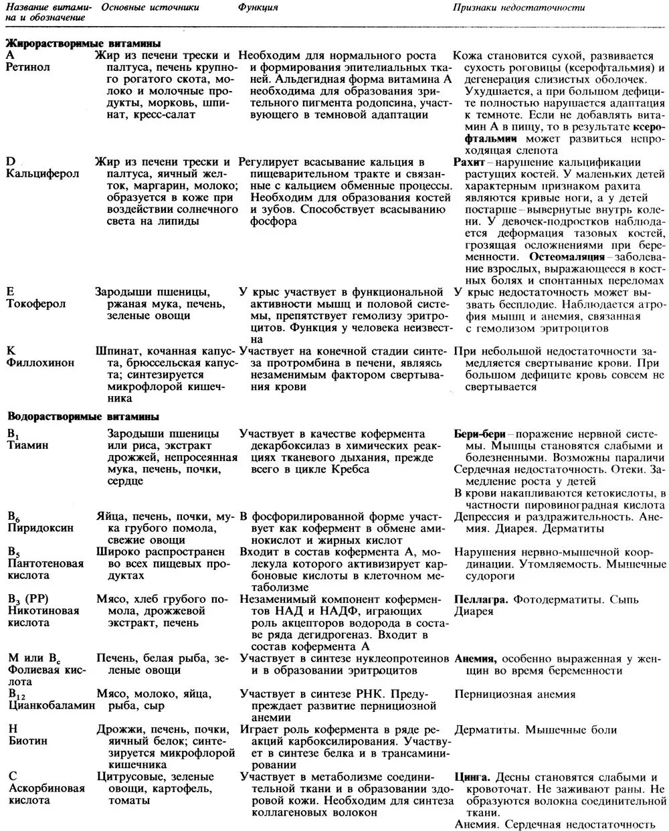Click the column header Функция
coord(258,7)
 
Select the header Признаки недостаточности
coord(518,7)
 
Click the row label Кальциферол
coord(43,174)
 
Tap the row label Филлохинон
coord(41,363)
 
